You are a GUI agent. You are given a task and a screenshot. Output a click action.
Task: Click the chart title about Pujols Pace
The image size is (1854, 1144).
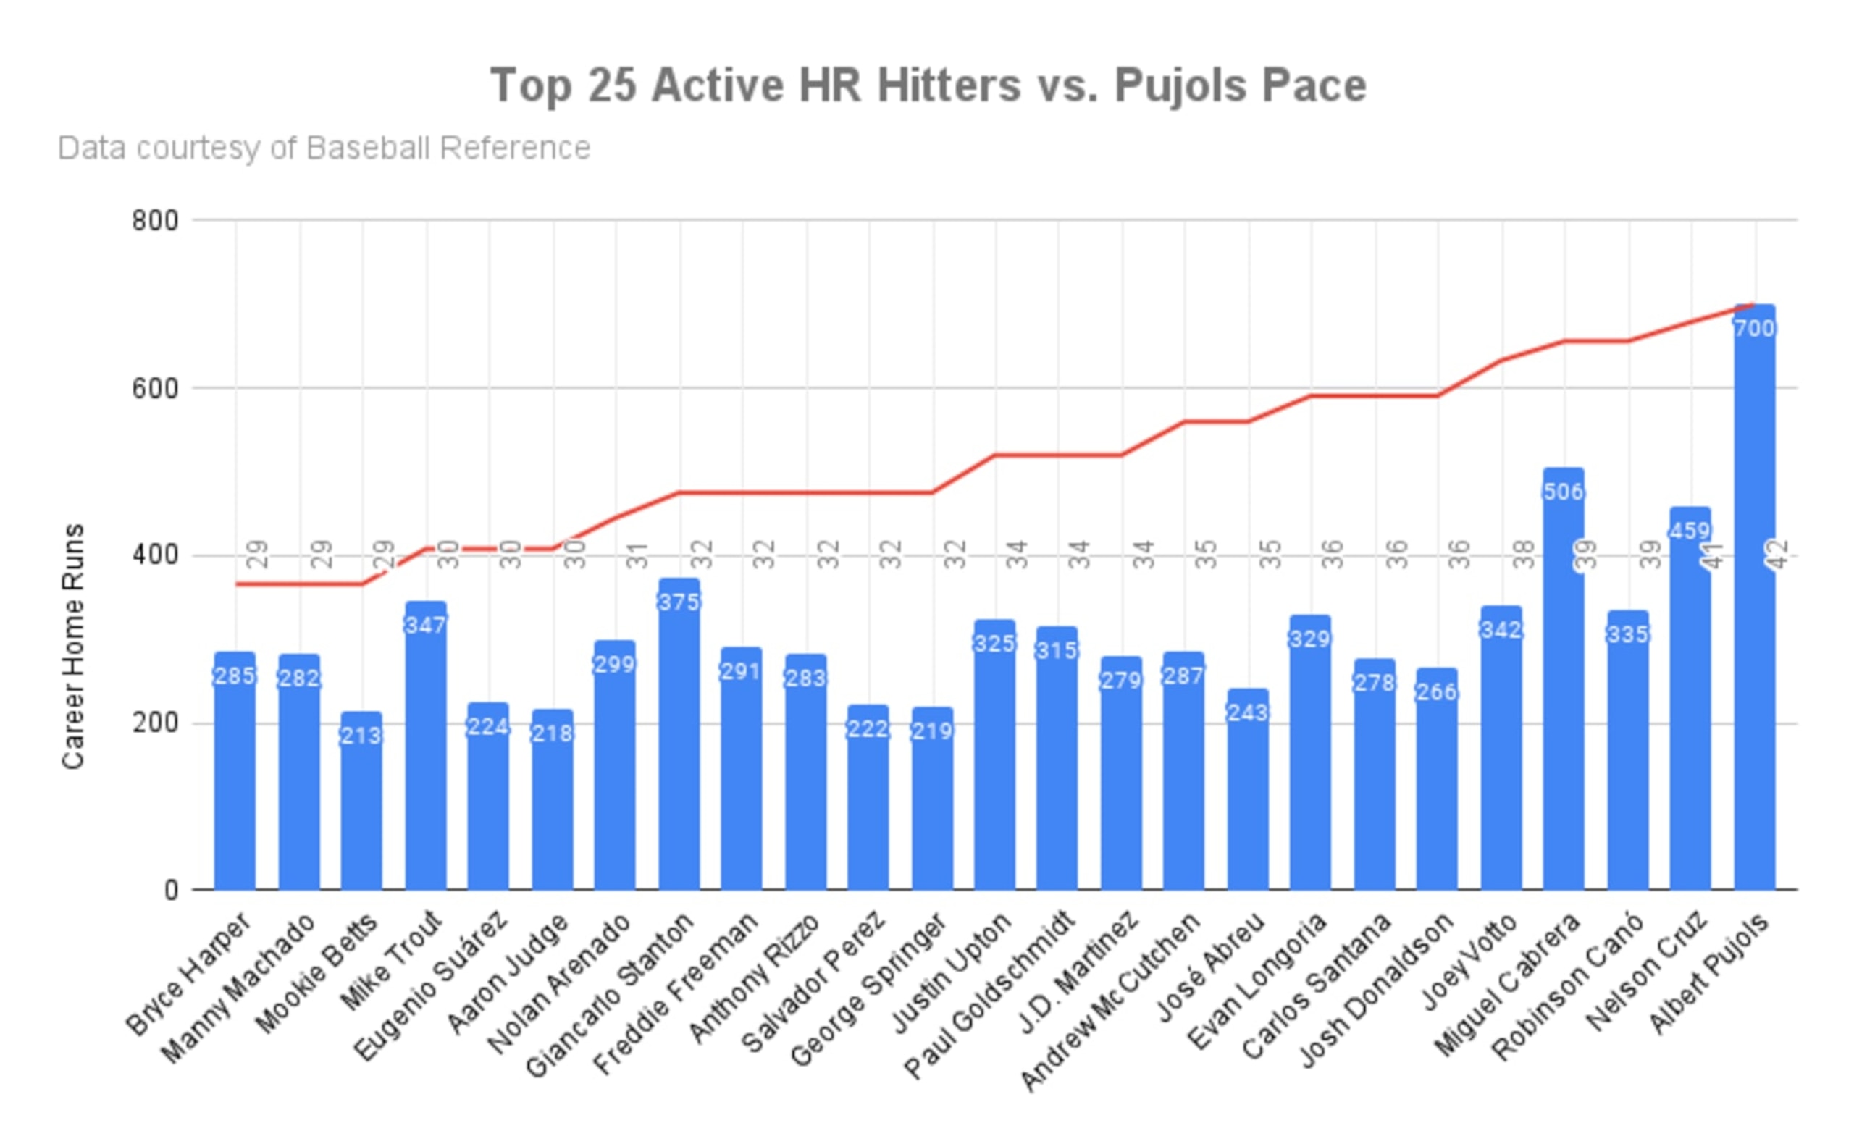pos(928,85)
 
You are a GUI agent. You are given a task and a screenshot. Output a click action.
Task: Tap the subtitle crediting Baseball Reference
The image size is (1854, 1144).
pos(324,148)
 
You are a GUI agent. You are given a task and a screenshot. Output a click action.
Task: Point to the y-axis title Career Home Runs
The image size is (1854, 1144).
pos(72,647)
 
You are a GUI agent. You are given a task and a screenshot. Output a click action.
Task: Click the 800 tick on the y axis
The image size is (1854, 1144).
pos(155,221)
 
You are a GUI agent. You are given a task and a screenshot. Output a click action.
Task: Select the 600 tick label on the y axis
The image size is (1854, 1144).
pos(155,389)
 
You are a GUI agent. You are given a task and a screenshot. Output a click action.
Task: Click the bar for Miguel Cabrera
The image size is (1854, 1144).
pos(1564,678)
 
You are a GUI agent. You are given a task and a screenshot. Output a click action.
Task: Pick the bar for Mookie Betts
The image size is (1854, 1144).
pos(361,801)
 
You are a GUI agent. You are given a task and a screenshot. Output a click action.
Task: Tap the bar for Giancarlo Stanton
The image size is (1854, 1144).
pos(679,733)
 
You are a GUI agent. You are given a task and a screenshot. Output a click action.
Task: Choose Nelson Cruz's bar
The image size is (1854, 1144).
pos(1690,699)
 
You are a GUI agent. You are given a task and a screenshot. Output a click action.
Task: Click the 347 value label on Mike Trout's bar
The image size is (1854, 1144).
pos(425,625)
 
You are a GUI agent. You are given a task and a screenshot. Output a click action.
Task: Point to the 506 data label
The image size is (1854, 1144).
pos(1564,492)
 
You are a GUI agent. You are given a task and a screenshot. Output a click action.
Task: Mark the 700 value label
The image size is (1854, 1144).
pos(1754,329)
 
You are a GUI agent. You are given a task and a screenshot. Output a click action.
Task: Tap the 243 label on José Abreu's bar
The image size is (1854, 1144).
pos(1248,712)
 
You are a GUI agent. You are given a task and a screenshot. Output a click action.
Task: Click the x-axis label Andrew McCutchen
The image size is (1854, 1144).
pos(1111,1002)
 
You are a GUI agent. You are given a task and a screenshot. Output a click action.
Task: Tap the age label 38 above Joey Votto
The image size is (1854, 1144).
pos(1524,555)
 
